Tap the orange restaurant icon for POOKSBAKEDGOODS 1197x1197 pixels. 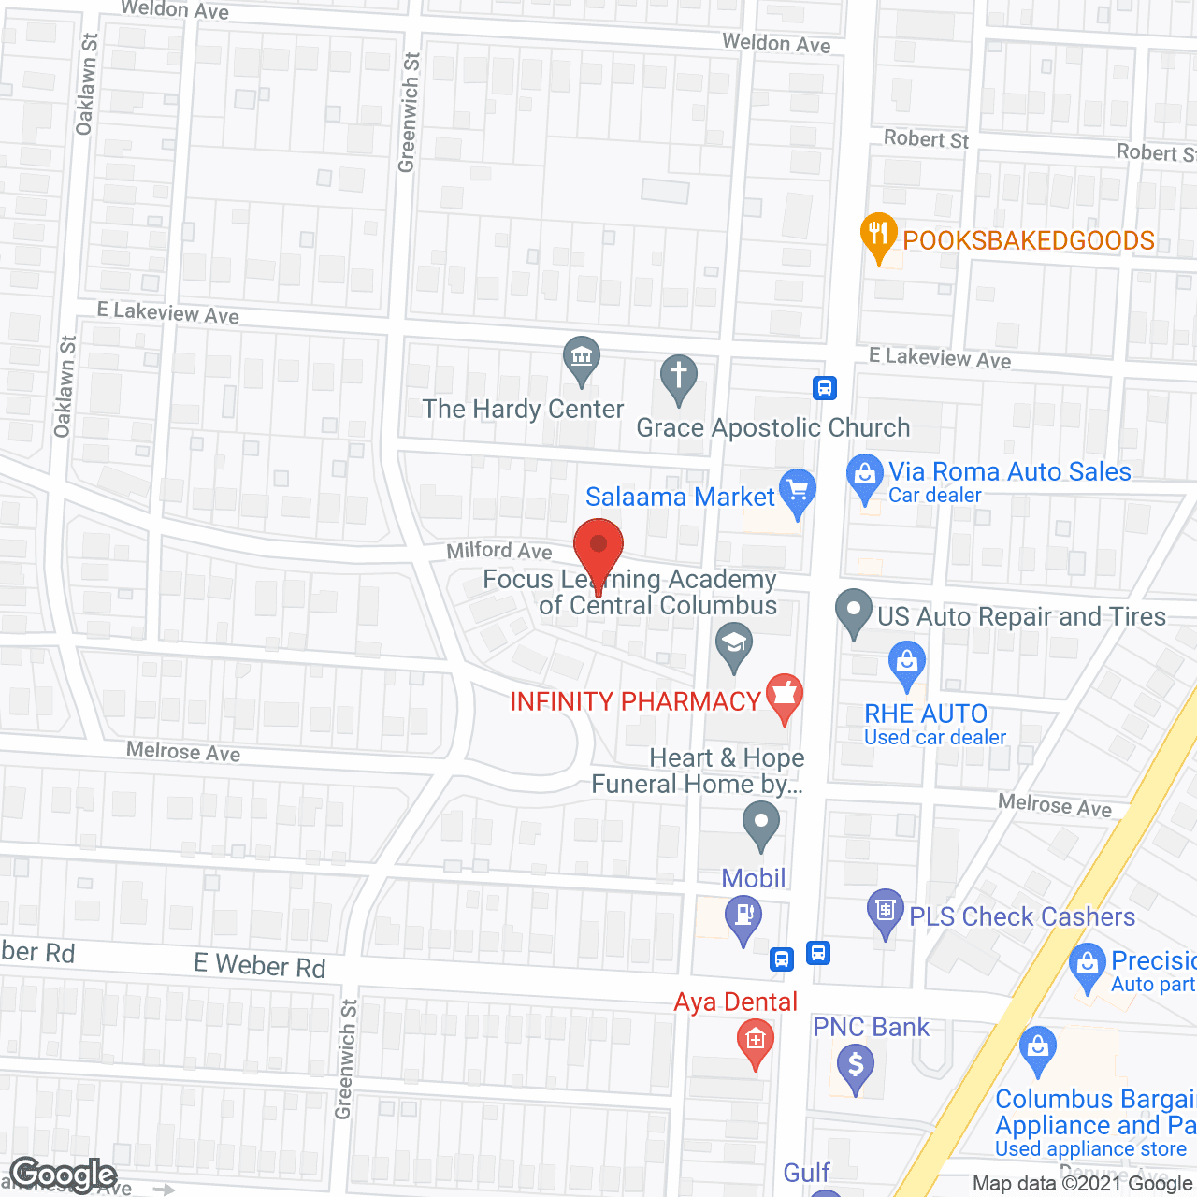[x=878, y=234]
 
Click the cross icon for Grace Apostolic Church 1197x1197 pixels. [x=679, y=376]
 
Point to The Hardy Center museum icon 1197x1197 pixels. [x=582, y=357]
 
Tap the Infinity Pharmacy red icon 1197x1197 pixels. [x=784, y=696]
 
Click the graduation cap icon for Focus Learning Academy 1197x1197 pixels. [x=734, y=644]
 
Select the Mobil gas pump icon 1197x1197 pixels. [x=744, y=916]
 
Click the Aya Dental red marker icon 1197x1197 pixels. [x=755, y=1040]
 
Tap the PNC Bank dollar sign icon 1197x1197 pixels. [x=855, y=1064]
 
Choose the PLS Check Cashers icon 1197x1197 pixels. [x=885, y=910]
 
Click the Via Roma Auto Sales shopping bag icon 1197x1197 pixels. [x=865, y=475]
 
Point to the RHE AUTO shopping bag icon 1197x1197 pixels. [x=906, y=662]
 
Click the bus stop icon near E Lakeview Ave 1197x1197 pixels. [x=824, y=387]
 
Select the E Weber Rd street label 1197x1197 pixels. [x=259, y=965]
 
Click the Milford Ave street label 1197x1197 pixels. [x=499, y=551]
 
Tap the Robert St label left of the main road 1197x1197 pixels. [x=926, y=139]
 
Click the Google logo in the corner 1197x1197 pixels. [x=64, y=1175]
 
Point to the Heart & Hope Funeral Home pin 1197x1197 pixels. [x=760, y=825]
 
